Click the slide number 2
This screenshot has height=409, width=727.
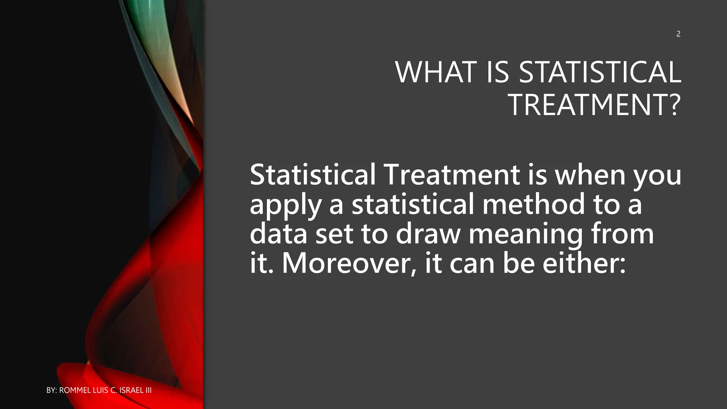click(678, 34)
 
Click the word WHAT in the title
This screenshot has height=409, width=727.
click(436, 72)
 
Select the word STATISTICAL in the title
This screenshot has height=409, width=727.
click(600, 72)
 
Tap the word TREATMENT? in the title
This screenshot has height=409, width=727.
click(595, 105)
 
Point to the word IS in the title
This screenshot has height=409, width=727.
click(497, 72)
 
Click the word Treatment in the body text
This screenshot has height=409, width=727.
click(452, 175)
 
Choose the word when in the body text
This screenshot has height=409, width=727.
click(590, 175)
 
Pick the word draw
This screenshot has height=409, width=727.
click(428, 234)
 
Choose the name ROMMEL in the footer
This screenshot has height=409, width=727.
click(75, 390)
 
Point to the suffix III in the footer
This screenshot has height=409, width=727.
click(148, 390)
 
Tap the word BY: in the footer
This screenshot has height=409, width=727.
click(52, 390)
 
